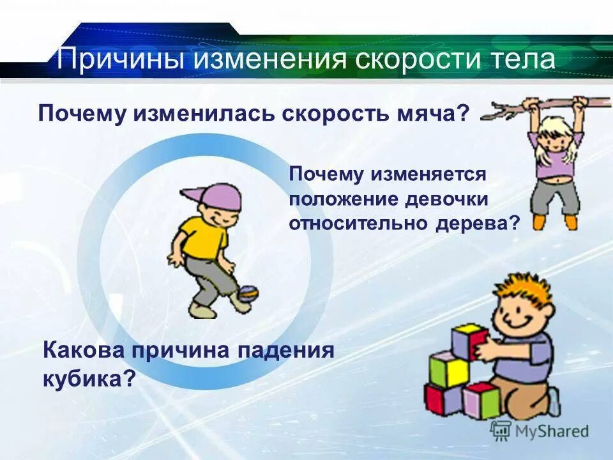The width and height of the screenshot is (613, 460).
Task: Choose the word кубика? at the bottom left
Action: pos(89,378)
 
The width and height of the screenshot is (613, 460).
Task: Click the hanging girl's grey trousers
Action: pos(555,195)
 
